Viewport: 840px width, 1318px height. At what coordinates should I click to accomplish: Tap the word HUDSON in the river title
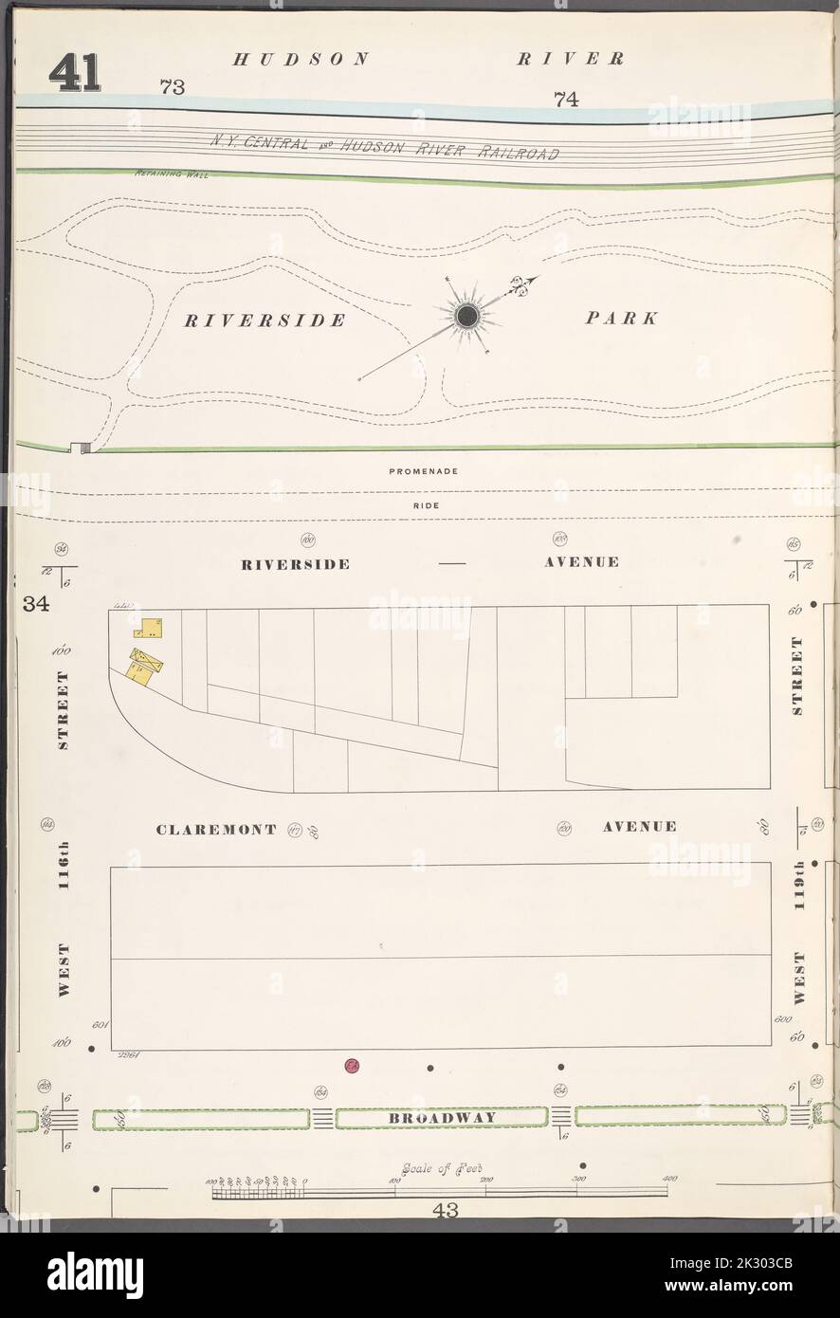tap(301, 59)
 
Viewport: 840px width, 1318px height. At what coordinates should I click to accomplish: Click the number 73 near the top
tap(172, 88)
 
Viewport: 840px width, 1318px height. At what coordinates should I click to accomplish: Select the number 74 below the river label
tap(566, 99)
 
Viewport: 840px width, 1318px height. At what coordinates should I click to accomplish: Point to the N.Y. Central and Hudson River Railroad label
tap(384, 146)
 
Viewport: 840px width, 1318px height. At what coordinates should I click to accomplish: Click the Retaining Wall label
tap(166, 174)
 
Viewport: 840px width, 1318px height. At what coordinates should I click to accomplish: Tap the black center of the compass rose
tap(466, 318)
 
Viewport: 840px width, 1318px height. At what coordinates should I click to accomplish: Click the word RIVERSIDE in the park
tap(265, 320)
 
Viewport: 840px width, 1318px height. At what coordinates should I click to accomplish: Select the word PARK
tap(621, 319)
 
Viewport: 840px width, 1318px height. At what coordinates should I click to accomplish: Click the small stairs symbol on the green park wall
tap(80, 448)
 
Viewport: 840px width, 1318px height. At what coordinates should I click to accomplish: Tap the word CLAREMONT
tap(216, 829)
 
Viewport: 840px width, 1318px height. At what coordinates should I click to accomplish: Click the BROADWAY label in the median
tap(441, 1118)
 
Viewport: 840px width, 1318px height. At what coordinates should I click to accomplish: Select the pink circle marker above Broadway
tap(352, 1066)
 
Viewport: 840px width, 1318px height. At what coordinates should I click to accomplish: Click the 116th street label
tap(64, 868)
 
